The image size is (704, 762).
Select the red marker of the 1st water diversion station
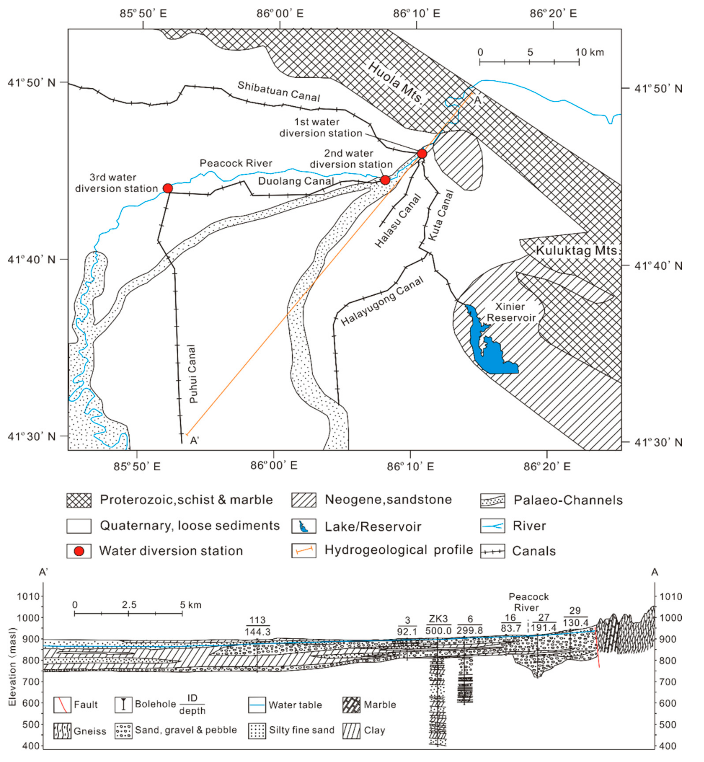(422, 154)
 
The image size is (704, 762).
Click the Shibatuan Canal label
(279, 91)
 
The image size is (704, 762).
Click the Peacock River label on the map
(236, 163)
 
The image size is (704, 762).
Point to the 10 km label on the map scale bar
(589, 52)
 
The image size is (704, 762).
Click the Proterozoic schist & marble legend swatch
(79, 500)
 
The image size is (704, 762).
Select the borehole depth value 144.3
(258, 632)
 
